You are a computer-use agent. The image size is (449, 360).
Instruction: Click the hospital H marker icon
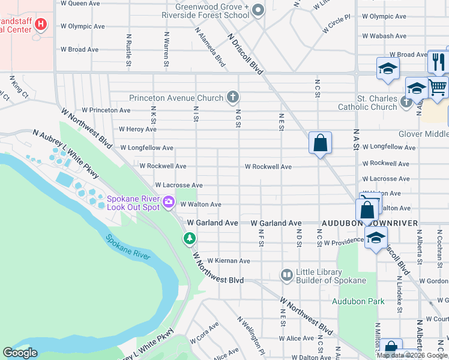click(41, 25)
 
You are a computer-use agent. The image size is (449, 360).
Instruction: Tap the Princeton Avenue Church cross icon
click(233, 97)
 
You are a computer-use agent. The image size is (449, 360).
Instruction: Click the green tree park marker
click(190, 239)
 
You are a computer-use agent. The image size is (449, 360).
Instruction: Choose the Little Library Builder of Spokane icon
click(286, 275)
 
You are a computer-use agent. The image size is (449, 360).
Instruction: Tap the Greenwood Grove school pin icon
click(258, 9)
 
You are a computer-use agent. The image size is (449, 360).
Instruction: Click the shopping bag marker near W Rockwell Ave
click(320, 143)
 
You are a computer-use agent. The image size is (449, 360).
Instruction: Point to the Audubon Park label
click(358, 301)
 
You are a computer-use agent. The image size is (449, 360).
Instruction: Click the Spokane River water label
click(128, 247)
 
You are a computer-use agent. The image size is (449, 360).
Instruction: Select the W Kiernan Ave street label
click(228, 261)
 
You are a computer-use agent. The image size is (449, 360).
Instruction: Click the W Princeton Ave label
click(106, 110)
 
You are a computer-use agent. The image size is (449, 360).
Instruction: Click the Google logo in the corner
click(20, 353)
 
